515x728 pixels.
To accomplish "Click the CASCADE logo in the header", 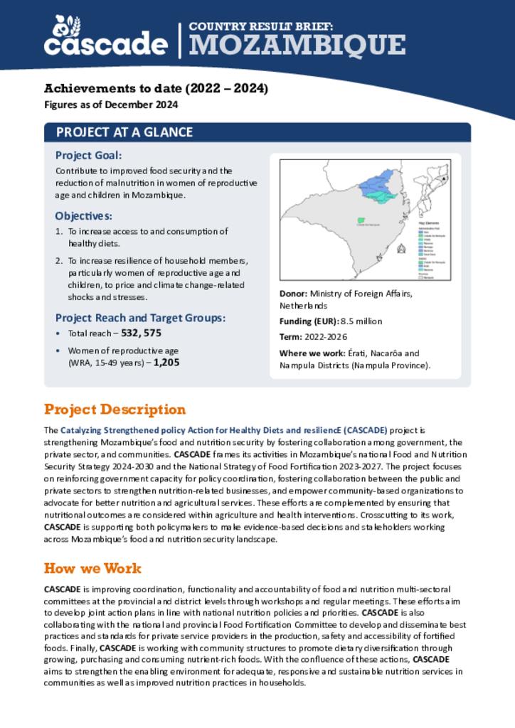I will coord(105,36).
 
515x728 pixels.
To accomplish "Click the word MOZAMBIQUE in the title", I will coord(297,45).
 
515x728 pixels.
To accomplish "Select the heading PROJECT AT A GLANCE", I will coord(124,133).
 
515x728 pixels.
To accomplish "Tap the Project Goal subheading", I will coord(88,156).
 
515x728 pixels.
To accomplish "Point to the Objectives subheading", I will coord(83,216).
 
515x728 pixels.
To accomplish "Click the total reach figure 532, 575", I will coord(142,333).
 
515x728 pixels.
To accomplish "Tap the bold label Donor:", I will coord(293,294).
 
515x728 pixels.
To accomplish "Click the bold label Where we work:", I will coord(310,353).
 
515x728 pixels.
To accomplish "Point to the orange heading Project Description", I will coord(115,409).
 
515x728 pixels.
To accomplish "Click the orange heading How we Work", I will coord(92,569).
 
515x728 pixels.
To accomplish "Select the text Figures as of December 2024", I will coord(110,105).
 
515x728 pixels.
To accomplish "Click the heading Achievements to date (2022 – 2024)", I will coord(156,89).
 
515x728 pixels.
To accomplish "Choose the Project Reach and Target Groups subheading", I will coord(140,318).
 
